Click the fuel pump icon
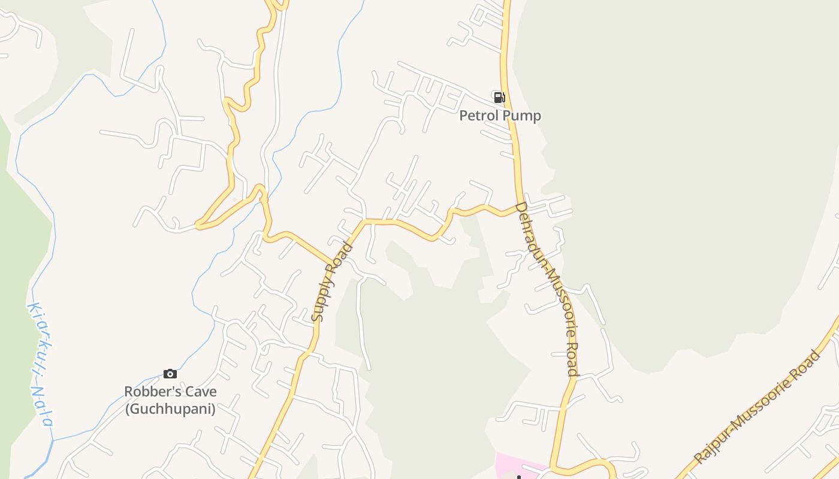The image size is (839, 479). coord(499,97)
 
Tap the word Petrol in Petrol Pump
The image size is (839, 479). coord(478,116)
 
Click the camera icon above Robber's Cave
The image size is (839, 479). coord(170,374)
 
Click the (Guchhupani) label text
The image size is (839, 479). coord(170,409)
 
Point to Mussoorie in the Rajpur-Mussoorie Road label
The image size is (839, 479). coord(758,401)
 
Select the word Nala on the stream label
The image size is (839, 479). coord(42,405)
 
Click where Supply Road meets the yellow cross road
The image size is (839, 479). coord(363,222)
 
